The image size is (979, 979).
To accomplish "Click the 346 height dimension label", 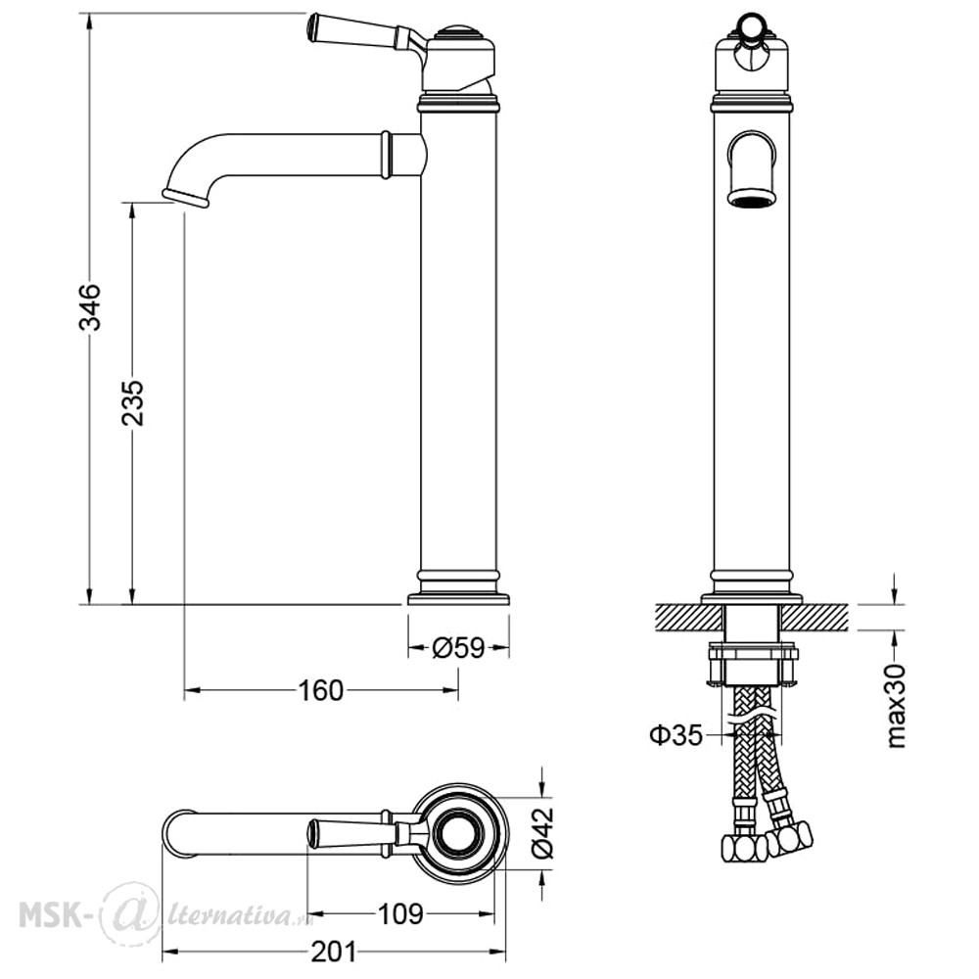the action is [x=92, y=306].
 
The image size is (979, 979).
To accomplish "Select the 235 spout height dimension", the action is [x=133, y=402].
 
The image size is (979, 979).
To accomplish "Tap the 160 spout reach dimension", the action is [x=320, y=690].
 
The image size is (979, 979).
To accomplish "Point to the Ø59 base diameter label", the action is [x=457, y=648].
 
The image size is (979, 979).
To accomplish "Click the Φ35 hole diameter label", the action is [x=676, y=735].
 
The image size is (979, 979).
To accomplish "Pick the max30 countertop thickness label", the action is [x=896, y=706].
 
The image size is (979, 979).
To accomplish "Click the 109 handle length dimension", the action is [x=400, y=914].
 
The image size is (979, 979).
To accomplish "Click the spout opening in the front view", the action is [x=752, y=201].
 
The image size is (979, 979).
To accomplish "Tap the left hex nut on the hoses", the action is [x=744, y=848].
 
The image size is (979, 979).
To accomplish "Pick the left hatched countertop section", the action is [x=690, y=616].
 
